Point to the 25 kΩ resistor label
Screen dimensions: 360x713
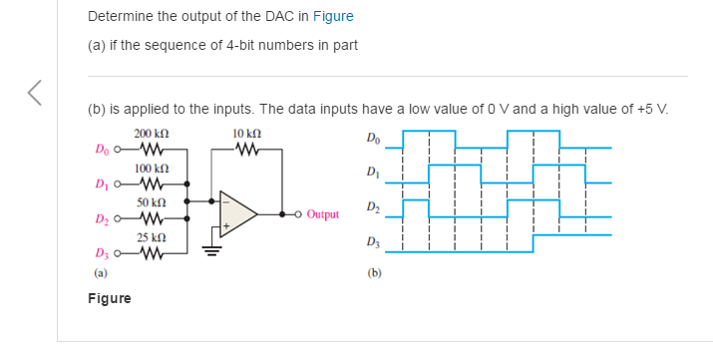tap(151, 237)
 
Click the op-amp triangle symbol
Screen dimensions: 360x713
tap(238, 212)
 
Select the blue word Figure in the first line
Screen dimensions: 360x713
tap(333, 17)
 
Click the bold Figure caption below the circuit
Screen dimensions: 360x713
tap(109, 298)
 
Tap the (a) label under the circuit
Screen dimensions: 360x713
tap(101, 271)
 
